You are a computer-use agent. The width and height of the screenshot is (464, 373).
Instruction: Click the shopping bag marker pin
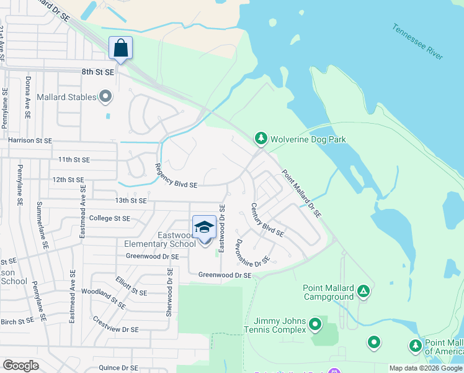coord(120,48)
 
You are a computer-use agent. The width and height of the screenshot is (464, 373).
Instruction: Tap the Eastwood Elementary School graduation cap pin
coord(204,228)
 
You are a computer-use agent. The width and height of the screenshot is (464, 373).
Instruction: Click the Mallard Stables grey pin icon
coord(105,97)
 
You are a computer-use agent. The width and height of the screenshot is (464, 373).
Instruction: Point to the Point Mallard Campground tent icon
coord(364,290)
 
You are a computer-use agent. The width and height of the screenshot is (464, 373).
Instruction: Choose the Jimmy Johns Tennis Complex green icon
coord(315,323)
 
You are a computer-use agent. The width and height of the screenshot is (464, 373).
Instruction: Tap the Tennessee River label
coord(417,42)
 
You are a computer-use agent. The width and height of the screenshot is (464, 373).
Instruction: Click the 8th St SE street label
coord(98,72)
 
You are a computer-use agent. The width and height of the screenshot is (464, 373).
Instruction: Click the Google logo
coord(20,366)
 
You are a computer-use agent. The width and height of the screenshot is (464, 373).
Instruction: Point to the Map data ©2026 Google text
coord(426,368)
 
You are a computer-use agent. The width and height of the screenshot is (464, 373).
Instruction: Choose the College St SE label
coord(110,218)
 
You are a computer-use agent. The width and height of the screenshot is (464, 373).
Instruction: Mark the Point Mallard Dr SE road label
coord(301,193)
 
